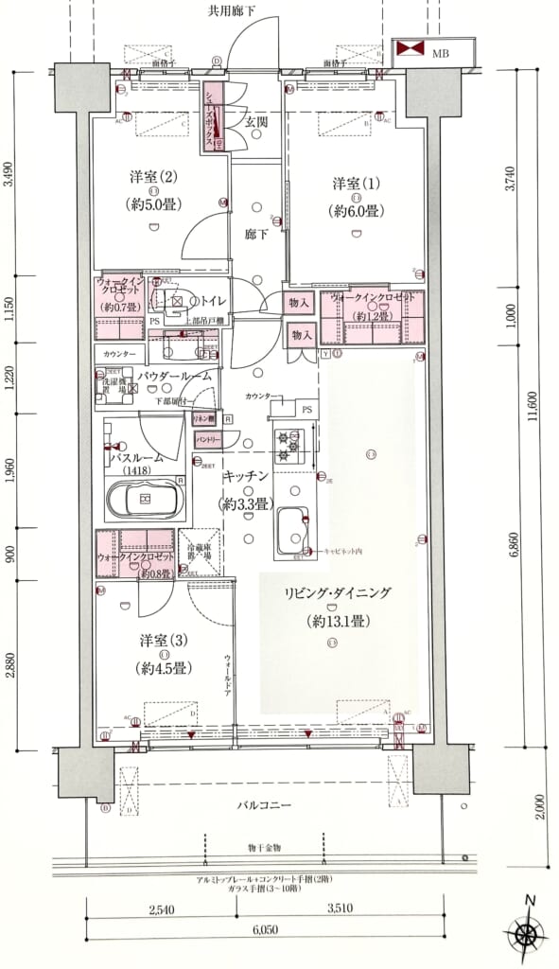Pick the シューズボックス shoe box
pos(213,117)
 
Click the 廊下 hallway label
pos(258,234)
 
